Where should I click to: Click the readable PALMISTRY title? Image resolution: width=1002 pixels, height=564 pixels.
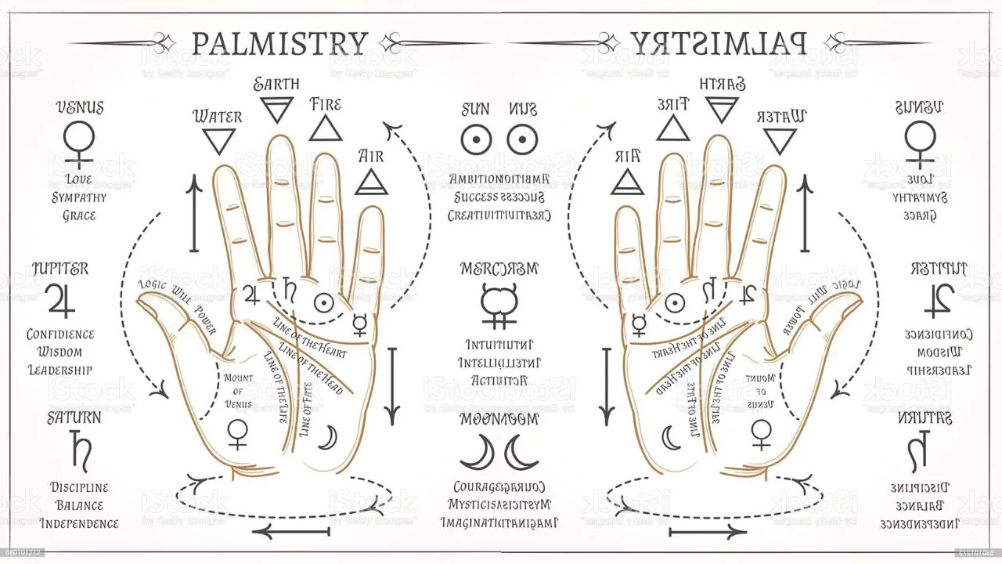coord(279,43)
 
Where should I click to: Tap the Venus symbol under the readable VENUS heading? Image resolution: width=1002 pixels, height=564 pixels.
coord(79,142)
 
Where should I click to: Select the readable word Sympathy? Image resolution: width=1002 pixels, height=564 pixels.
coord(79,197)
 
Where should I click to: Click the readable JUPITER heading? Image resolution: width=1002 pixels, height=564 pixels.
coord(60,269)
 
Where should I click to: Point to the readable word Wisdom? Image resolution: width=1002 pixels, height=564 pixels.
coord(60,352)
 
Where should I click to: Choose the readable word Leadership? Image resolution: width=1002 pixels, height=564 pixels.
coord(60,370)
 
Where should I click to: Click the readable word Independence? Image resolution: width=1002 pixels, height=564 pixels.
coord(79,523)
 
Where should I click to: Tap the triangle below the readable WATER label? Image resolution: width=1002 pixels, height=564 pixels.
coord(219,141)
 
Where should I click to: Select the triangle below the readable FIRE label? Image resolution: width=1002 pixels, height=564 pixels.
coord(326,128)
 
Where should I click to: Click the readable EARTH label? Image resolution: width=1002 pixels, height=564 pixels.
coord(276,85)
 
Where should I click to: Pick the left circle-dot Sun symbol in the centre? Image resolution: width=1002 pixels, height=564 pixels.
coord(474,140)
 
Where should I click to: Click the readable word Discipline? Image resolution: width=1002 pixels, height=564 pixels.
coord(79,487)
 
